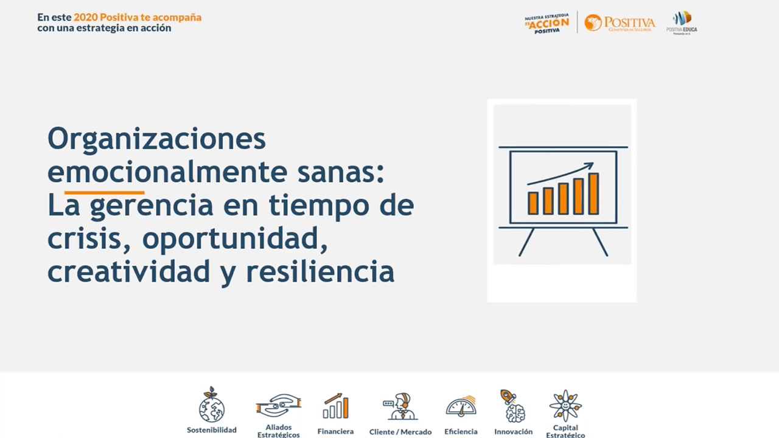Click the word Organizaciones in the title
(x=156, y=139)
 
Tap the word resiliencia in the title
(x=320, y=271)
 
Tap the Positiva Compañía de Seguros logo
(x=620, y=23)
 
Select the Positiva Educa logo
(x=682, y=23)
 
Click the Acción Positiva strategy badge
(x=547, y=23)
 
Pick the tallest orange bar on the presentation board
(x=593, y=193)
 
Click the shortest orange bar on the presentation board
(x=533, y=203)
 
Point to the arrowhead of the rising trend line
(x=589, y=165)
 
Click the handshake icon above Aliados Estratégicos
(x=278, y=405)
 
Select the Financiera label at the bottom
(x=335, y=431)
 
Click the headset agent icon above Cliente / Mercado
(x=400, y=406)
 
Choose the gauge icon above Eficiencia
(x=461, y=406)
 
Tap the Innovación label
(x=513, y=431)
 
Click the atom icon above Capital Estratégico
(x=565, y=405)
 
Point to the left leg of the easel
(x=526, y=242)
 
